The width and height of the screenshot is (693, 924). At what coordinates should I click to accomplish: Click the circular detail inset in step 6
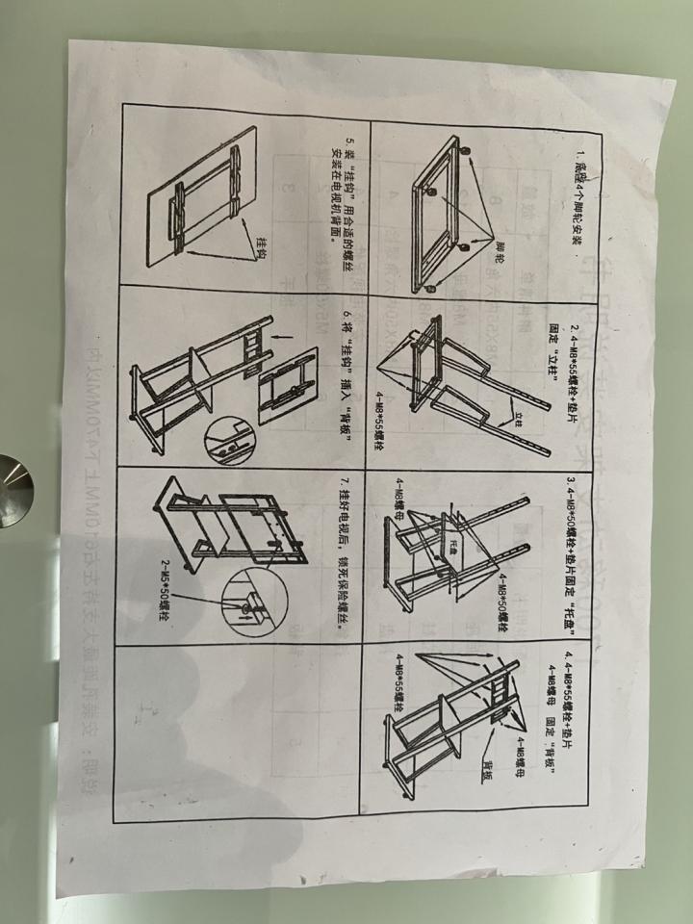tap(226, 439)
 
